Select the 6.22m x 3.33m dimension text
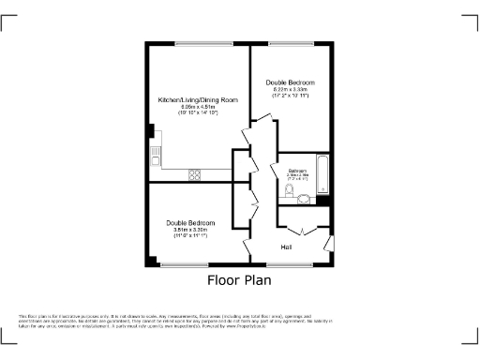coord(292,89)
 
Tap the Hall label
coord(286,247)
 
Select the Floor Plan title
coord(240,279)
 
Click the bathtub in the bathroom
coord(322,174)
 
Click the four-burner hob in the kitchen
coord(197,172)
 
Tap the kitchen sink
coord(154,150)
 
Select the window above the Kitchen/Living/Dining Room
coord(198,43)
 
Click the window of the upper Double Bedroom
coord(291,43)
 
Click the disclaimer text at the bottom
coord(240,322)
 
